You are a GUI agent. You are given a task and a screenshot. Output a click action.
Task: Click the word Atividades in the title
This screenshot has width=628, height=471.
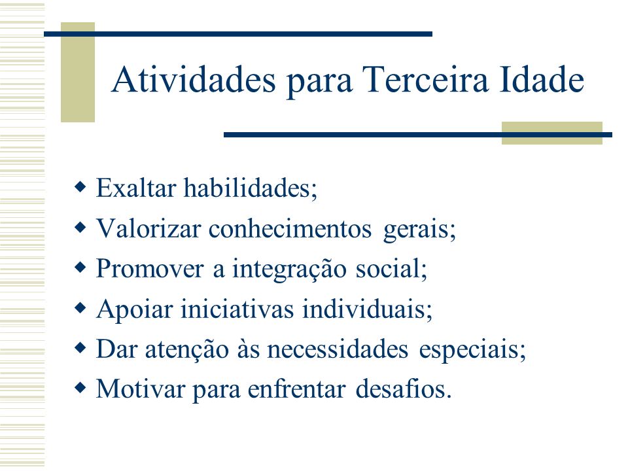194,79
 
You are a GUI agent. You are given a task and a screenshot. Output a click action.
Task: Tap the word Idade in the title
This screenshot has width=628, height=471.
542,79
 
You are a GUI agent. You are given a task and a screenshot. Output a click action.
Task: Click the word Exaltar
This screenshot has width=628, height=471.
136,188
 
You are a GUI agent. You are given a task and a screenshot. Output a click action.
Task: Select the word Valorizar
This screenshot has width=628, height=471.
148,228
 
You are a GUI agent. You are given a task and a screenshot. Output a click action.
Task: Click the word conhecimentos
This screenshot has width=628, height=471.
290,228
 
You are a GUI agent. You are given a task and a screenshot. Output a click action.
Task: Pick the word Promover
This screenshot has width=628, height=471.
150,268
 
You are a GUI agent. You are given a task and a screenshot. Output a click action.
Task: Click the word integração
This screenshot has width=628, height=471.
289,269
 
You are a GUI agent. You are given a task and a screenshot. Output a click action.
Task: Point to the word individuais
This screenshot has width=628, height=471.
367,309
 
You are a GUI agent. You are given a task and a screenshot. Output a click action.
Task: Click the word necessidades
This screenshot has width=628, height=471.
338,349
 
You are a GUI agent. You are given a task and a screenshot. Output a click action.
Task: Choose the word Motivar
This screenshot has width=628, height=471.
140,389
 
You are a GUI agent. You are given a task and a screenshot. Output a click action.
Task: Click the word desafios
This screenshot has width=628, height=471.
404,389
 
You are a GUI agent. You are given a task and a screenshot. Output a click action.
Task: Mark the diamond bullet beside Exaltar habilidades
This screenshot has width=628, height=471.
80,186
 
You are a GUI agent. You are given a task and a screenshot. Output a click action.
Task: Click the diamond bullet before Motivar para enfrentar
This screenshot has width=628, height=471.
80,387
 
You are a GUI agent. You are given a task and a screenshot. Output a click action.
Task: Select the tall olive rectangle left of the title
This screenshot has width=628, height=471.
78,72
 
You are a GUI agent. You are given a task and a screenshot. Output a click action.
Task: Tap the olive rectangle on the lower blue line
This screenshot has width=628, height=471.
552,133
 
